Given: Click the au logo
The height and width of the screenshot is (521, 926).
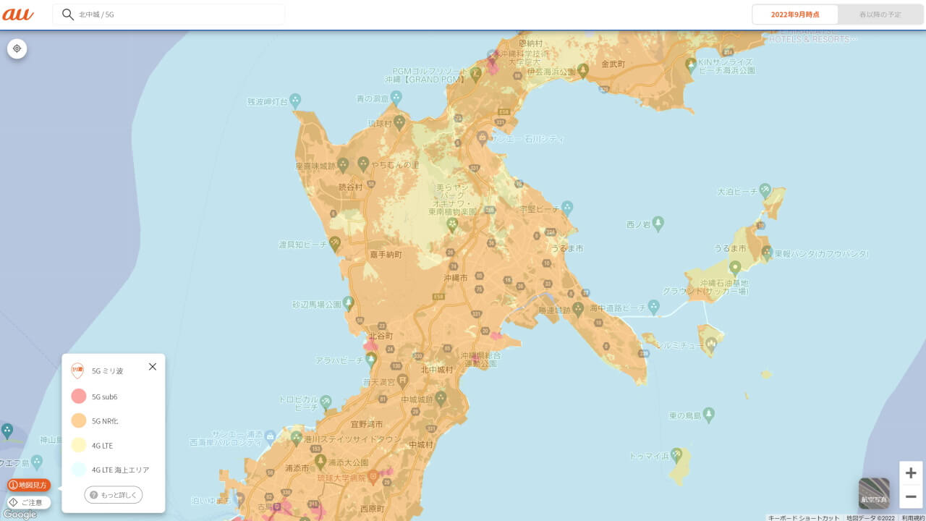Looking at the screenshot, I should pos(18,14).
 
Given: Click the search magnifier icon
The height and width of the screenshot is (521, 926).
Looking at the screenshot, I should pos(68,14).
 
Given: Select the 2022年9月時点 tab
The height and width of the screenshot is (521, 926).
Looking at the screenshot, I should pos(795,14).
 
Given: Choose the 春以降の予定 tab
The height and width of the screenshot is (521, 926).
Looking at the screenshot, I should pos(880,14).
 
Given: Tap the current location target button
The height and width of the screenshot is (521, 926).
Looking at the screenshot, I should pos(17,48).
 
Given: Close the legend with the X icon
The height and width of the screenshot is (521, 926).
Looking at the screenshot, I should pos(153,367).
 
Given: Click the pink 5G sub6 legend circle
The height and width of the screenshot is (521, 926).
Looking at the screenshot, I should pos(79,397).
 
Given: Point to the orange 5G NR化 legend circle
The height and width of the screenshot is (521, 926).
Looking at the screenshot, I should pos(79,420).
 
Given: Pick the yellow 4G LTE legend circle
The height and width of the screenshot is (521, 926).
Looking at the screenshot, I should pos(79,445).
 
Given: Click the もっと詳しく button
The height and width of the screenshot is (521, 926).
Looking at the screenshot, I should pos(114,495).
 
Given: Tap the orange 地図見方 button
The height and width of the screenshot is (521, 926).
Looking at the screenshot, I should pos(29,485).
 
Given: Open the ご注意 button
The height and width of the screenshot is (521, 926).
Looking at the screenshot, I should pos(29,502).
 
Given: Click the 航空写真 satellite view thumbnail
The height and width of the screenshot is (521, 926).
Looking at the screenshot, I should pos(874,494).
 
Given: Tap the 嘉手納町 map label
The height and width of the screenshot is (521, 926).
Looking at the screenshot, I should pos(386,255).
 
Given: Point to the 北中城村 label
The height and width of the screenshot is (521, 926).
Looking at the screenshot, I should pos(437,370).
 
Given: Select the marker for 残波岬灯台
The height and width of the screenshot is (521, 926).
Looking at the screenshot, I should pos(295,100).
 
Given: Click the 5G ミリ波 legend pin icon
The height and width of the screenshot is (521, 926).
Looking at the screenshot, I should pos(77,370).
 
